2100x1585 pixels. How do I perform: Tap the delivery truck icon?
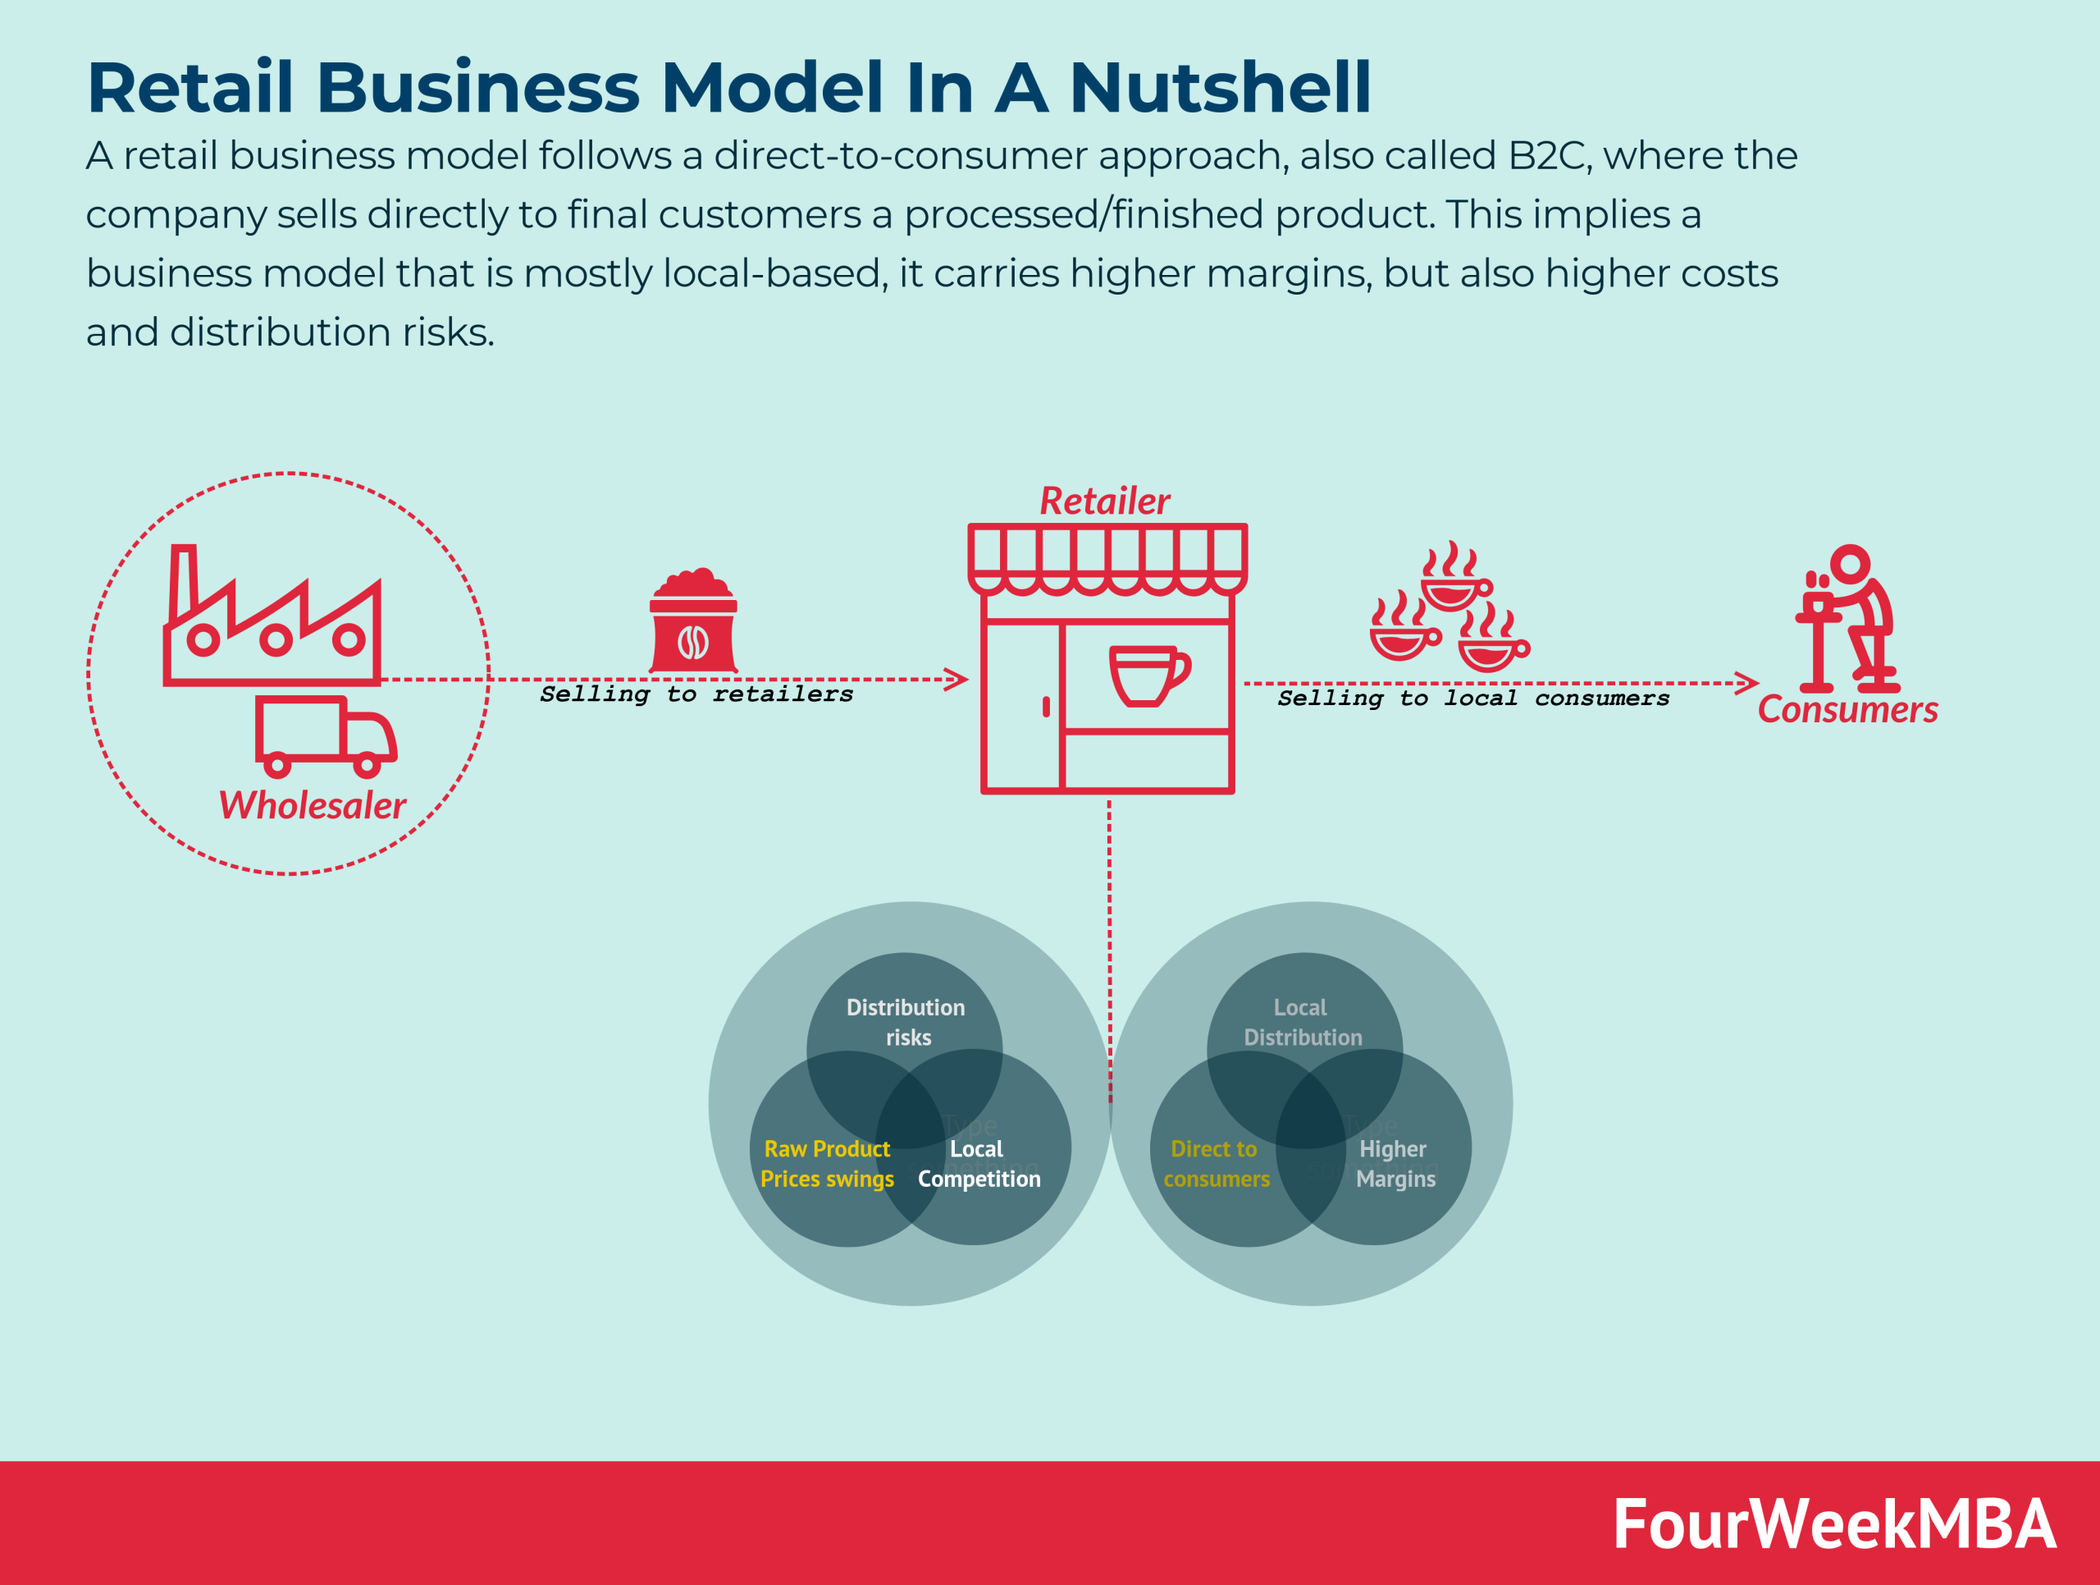(x=325, y=735)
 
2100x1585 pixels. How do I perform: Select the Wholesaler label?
(x=313, y=805)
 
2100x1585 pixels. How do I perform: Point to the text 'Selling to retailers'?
(x=696, y=695)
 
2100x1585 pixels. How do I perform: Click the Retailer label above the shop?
(x=1104, y=501)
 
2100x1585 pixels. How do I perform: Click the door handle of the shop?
(x=1046, y=707)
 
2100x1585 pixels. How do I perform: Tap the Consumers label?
(x=1847, y=710)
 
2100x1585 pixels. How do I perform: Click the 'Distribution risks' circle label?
(x=906, y=1022)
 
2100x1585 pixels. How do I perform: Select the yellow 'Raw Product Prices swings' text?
(x=827, y=1163)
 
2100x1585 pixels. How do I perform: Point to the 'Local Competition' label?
(x=979, y=1163)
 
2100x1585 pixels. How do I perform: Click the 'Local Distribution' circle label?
(x=1303, y=1022)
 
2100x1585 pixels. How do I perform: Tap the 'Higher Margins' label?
(x=1395, y=1163)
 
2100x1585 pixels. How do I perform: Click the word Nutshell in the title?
(x=1220, y=87)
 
